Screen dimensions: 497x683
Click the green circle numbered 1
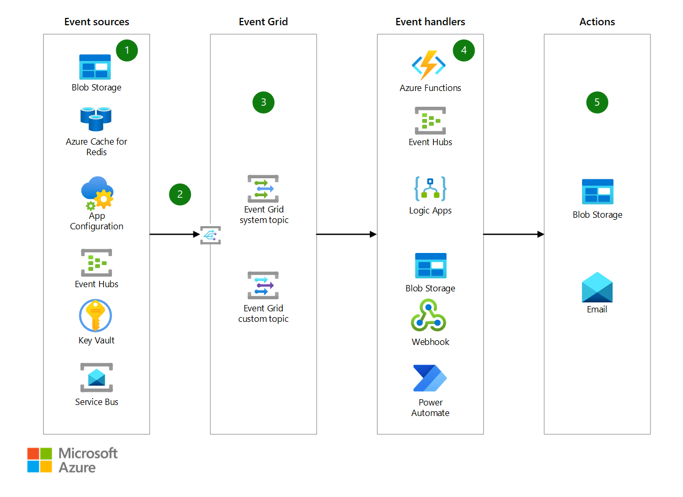[127, 50]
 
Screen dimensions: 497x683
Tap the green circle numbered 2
[180, 195]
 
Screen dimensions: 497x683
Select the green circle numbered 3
[263, 103]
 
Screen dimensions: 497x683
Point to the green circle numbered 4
[464, 50]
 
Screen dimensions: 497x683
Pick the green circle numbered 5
[597, 103]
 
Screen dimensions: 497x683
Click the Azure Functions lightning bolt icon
[429, 65]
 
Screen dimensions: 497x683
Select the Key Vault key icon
[96, 316]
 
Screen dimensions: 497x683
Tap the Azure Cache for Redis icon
[96, 119]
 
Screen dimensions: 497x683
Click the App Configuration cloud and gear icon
[97, 194]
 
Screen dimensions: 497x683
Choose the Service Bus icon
[97, 378]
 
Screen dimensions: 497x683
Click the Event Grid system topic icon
[263, 189]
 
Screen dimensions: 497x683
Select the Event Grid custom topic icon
[263, 286]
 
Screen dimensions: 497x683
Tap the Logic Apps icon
[430, 189]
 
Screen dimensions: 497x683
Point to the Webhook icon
[429, 316]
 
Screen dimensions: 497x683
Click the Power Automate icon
[430, 379]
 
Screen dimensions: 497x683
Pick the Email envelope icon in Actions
[597, 287]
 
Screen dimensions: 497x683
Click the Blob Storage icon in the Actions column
[597, 192]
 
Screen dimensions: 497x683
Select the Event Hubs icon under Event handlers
[430, 121]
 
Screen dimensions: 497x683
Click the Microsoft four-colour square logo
[40, 460]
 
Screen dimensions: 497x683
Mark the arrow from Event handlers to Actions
[513, 235]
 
